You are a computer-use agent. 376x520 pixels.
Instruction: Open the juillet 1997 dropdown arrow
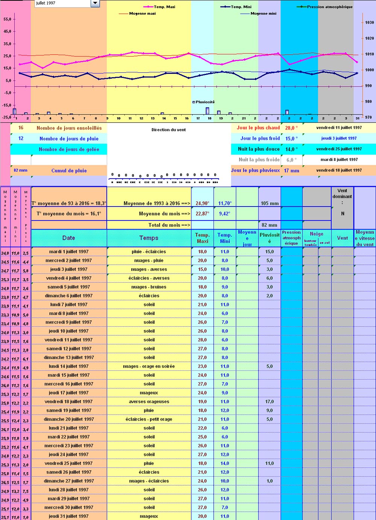click(x=95, y=3)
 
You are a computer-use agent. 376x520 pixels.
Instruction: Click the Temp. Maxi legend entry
click(x=164, y=7)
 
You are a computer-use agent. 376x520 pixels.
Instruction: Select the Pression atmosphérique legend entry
click(x=329, y=7)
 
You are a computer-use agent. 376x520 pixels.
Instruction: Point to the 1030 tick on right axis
click(x=369, y=23)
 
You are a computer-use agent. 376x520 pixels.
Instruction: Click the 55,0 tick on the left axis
click(x=7, y=19)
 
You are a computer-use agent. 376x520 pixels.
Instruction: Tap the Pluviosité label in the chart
click(x=205, y=102)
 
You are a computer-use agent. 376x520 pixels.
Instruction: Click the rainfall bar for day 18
click(x=208, y=111)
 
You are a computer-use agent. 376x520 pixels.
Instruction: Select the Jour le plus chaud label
click(x=258, y=128)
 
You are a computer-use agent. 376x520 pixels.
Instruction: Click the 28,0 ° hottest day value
click(x=291, y=128)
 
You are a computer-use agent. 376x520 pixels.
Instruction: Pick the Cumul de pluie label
click(x=69, y=171)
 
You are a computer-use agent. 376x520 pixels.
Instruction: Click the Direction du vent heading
click(x=168, y=130)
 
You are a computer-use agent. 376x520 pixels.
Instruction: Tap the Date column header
click(x=69, y=238)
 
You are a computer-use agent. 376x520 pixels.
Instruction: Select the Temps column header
click(x=149, y=238)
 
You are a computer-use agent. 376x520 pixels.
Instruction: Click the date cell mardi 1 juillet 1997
click(x=69, y=252)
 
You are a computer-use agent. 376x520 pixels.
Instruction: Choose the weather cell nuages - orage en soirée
click(x=149, y=366)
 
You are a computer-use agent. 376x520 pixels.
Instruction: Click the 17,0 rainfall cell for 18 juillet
click(x=270, y=402)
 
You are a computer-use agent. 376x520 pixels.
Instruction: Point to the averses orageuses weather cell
click(x=149, y=402)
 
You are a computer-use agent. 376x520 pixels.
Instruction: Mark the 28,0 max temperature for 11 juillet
click(x=202, y=340)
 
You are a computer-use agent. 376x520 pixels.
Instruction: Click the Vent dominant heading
click(x=342, y=196)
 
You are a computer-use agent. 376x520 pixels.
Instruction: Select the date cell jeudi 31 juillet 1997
click(x=69, y=516)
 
